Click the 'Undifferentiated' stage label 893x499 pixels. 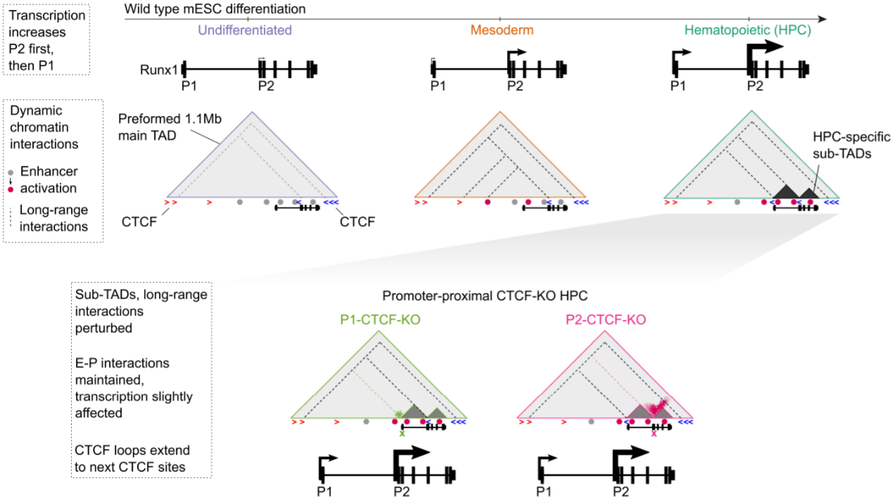click(x=245, y=30)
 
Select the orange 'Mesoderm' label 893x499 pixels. click(x=502, y=30)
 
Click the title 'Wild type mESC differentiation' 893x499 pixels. click(x=215, y=9)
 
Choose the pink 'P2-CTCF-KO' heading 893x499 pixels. click(x=606, y=319)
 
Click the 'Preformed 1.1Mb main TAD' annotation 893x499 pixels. click(x=170, y=127)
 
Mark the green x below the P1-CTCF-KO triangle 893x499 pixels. click(x=402, y=434)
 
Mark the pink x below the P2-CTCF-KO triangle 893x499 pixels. click(x=654, y=434)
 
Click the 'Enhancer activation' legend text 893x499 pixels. click(x=49, y=180)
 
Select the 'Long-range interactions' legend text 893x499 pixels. click(x=53, y=218)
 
